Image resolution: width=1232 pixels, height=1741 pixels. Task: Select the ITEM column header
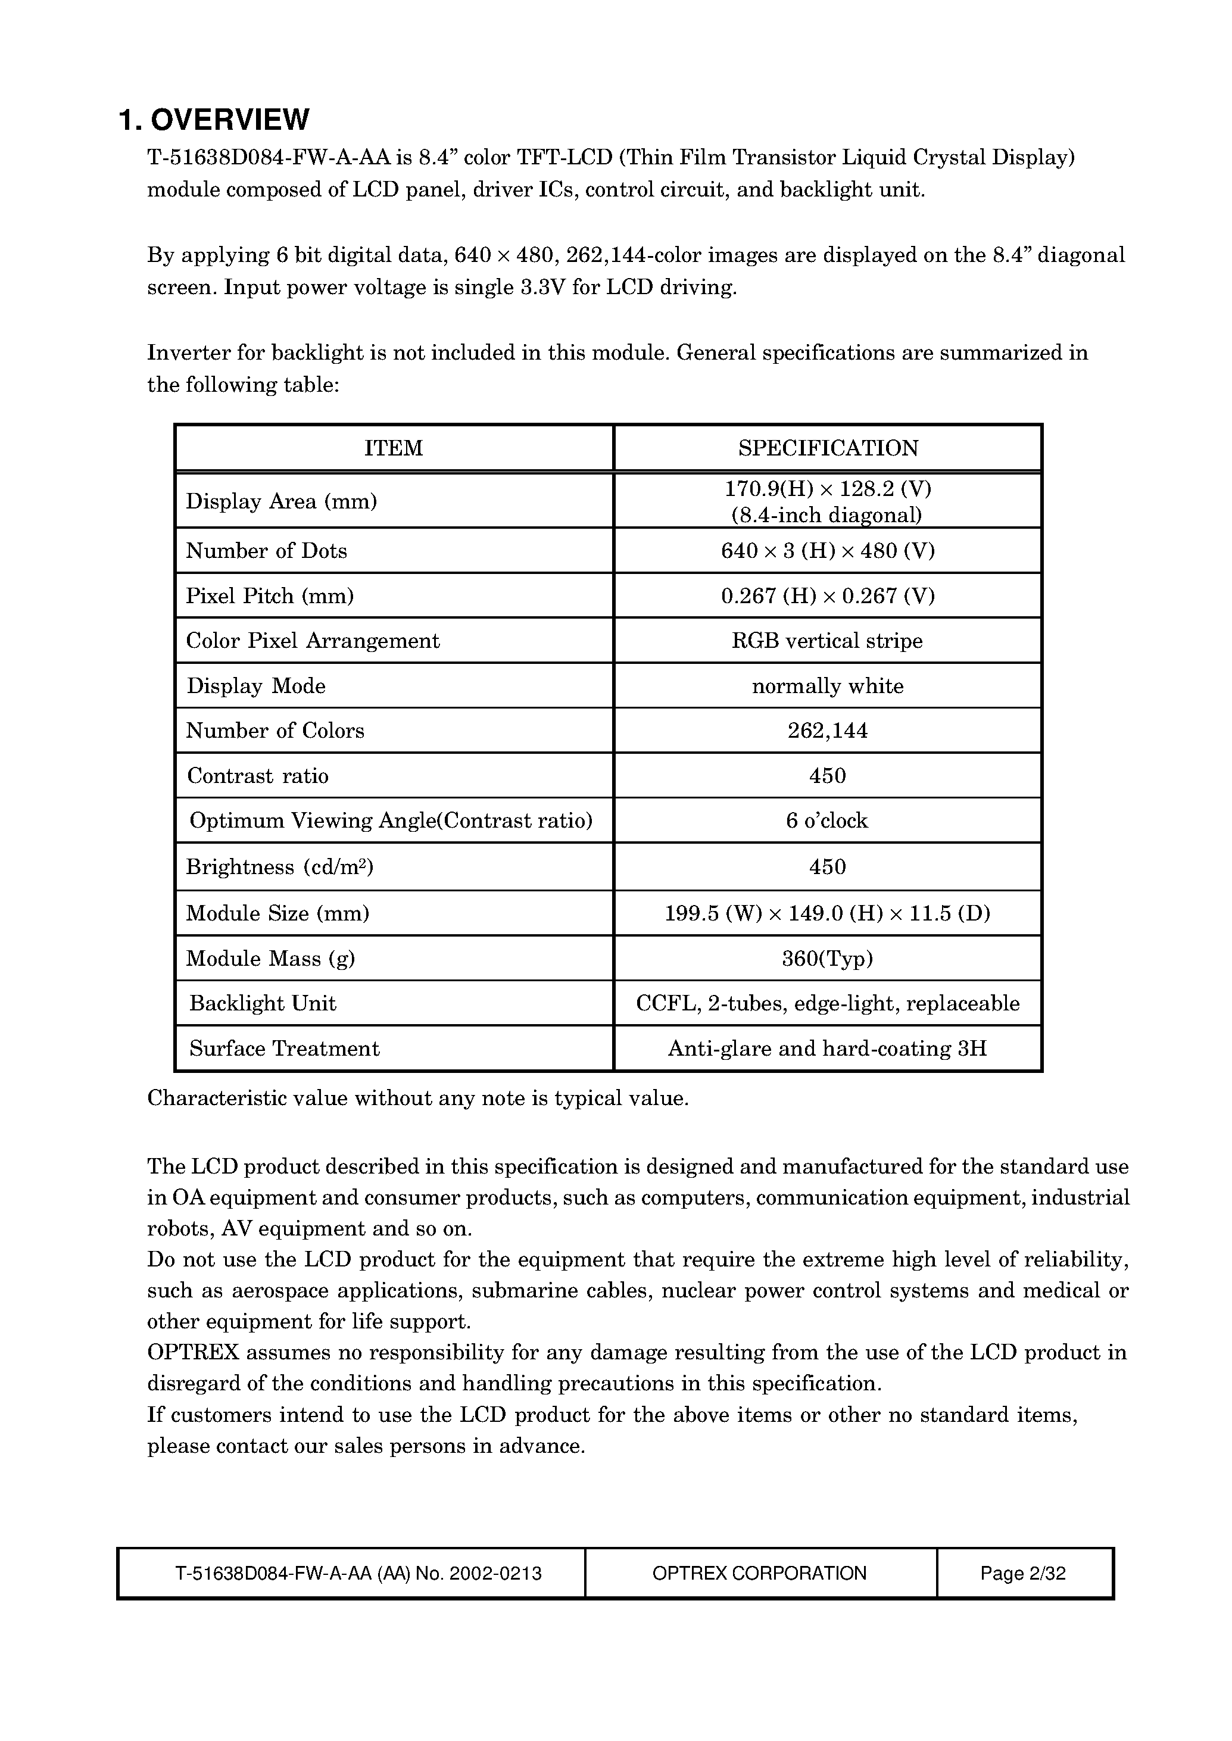click(x=393, y=448)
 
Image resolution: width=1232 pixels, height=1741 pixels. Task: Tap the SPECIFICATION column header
click(x=828, y=448)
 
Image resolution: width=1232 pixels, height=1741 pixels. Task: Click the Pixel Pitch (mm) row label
click(x=270, y=596)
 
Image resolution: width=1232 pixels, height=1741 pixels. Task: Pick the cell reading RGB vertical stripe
click(x=827, y=641)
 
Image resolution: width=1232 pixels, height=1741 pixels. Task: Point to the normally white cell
click(x=828, y=687)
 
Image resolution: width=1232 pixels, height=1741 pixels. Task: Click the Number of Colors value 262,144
click(x=828, y=731)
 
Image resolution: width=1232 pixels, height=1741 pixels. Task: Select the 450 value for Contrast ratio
click(x=828, y=776)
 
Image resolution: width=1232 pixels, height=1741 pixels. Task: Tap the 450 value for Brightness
click(x=828, y=867)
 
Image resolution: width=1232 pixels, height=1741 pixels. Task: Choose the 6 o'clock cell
click(x=827, y=821)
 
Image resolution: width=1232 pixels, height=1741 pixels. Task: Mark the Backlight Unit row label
click(x=263, y=1004)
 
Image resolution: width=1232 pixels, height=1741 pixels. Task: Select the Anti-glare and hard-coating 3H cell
click(x=827, y=1049)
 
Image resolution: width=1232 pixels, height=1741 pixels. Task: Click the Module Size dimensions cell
click(x=828, y=913)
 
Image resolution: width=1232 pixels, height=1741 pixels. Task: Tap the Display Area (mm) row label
click(x=282, y=501)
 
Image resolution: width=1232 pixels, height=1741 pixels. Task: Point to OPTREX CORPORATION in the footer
click(x=759, y=1573)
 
